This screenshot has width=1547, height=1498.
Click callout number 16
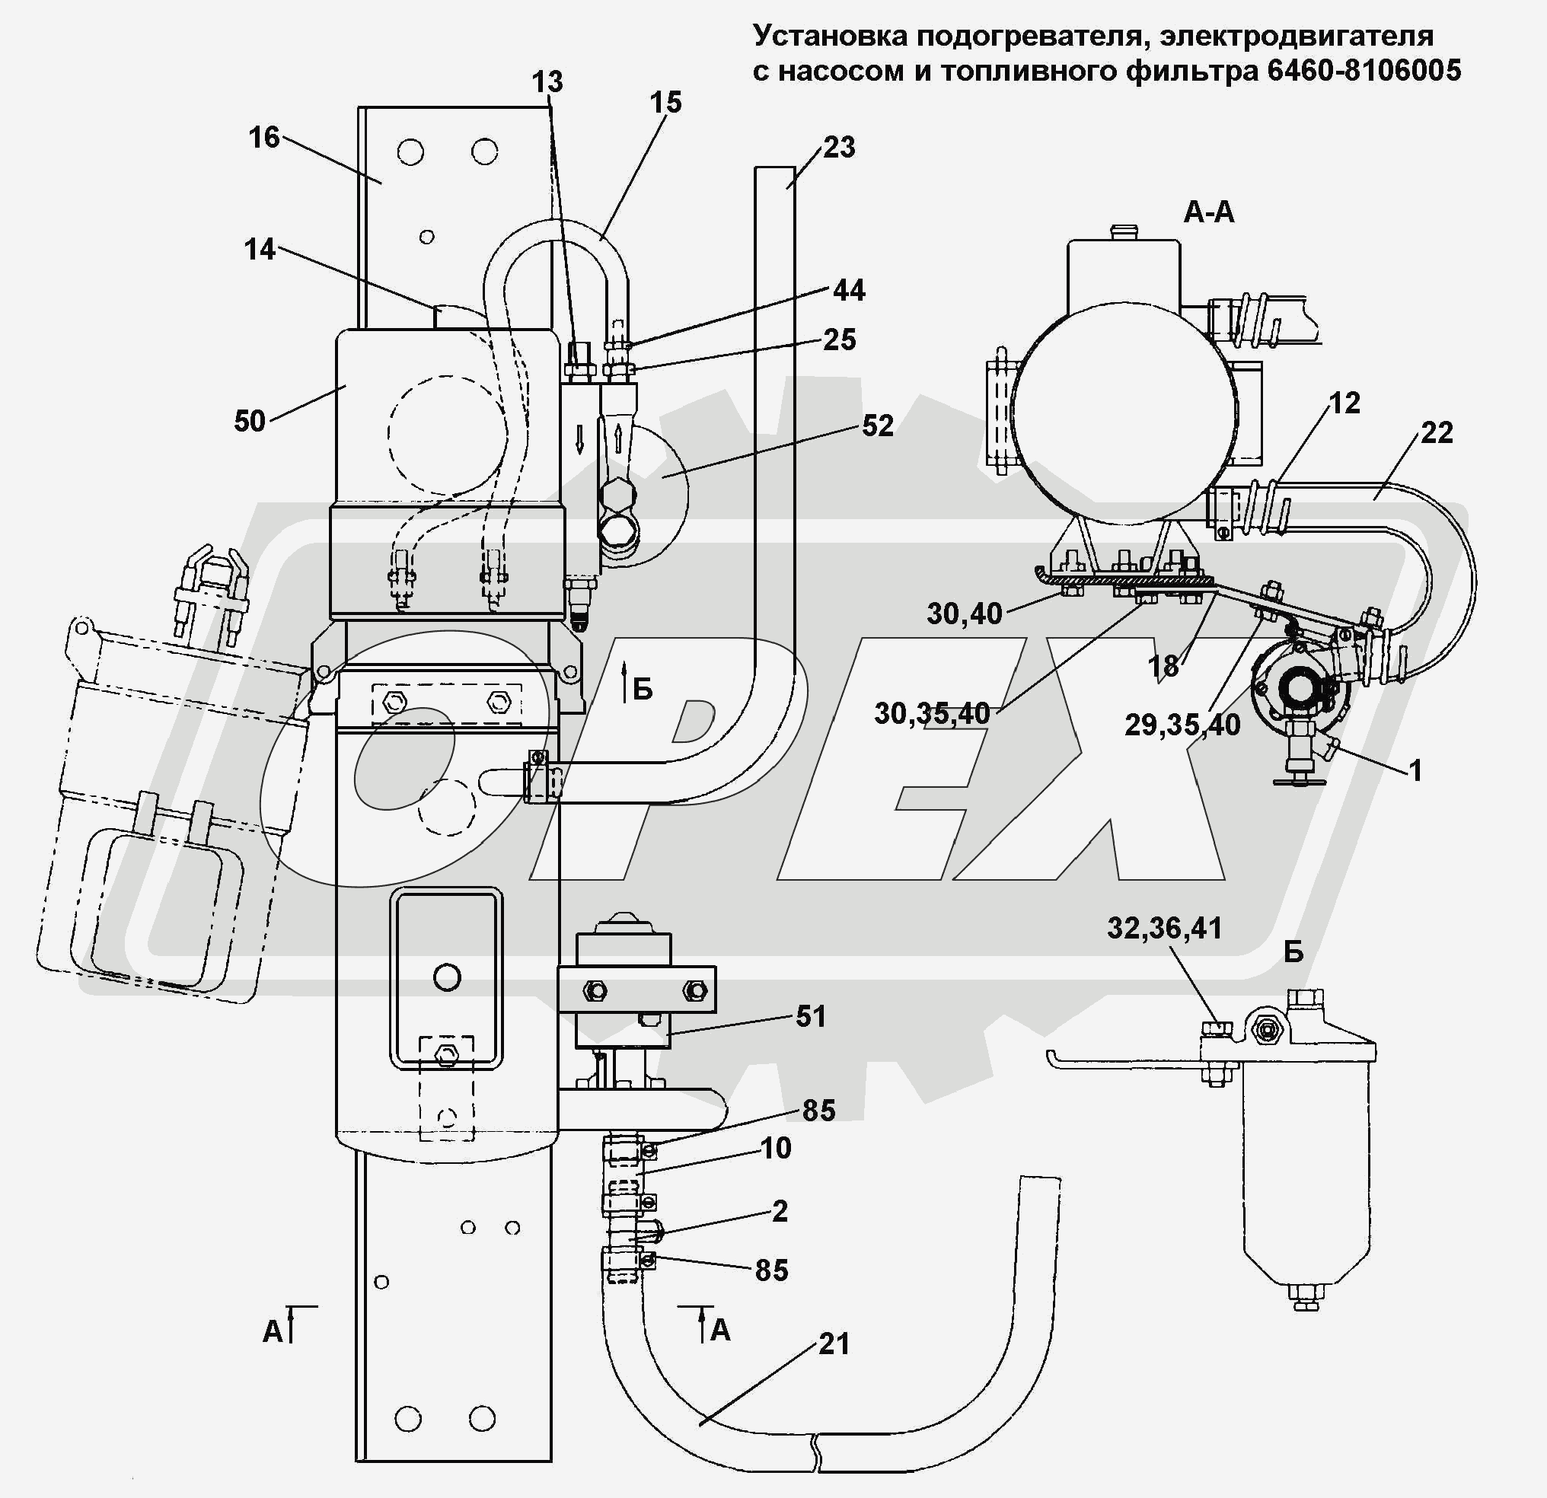coord(264,137)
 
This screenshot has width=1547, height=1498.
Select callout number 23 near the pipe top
coord(839,147)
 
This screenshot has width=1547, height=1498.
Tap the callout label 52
coord(878,425)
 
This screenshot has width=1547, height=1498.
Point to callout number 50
coord(250,422)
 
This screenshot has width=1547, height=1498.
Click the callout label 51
coord(811,1017)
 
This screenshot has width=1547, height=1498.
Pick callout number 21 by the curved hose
coord(834,1343)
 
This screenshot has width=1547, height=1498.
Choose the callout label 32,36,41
coord(1164,928)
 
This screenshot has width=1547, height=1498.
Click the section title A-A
coord(1209,212)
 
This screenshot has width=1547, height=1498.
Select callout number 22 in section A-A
coord(1437,432)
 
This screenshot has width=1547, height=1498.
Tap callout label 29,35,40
coord(1182,725)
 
